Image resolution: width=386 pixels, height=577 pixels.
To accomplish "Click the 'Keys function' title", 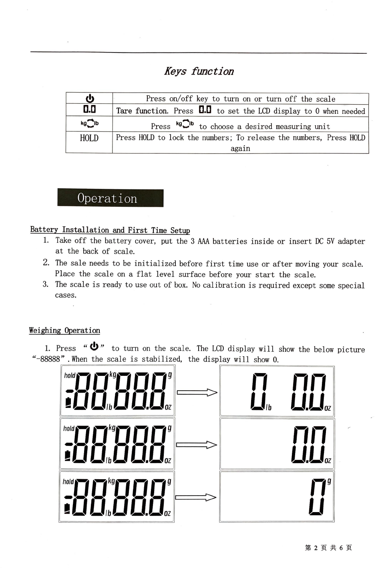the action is [x=199, y=71].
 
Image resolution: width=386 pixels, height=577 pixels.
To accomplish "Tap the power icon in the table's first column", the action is [x=90, y=99].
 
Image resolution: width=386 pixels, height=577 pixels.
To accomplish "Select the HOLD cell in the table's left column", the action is [x=89, y=138].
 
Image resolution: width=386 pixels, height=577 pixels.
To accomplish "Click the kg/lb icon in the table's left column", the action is [x=90, y=123].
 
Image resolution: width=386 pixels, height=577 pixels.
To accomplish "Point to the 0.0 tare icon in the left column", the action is [x=90, y=109].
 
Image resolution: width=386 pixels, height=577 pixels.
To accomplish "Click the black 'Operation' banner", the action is [x=111, y=198].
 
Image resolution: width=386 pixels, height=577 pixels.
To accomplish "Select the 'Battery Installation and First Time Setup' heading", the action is [x=110, y=230].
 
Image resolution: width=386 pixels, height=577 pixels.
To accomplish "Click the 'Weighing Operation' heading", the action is [x=64, y=330].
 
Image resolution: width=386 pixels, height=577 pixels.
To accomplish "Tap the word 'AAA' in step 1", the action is [x=203, y=241].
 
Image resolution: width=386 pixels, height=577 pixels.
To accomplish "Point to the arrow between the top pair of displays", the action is [x=197, y=393].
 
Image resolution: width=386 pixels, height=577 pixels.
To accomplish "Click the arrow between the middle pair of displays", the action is [x=197, y=445].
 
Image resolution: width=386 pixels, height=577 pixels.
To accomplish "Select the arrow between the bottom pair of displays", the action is [x=195, y=497].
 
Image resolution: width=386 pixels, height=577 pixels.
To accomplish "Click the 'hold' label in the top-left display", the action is [x=70, y=375].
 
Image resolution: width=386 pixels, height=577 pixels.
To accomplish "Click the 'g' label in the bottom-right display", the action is [x=329, y=482].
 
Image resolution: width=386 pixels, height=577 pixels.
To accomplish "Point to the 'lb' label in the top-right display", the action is [x=268, y=407].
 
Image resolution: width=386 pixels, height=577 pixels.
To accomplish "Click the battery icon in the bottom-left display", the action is [x=67, y=508].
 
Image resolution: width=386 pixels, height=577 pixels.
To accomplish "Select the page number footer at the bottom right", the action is [x=328, y=547].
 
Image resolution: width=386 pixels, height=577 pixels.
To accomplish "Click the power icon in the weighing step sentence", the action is [x=95, y=346].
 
